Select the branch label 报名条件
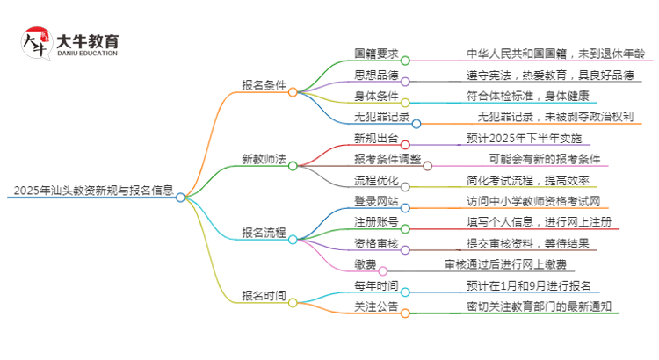click(264, 85)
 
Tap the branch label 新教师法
click(264, 159)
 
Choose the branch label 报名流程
click(264, 233)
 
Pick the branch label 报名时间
click(264, 296)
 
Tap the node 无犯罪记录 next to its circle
click(381, 117)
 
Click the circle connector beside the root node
click(180, 198)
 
